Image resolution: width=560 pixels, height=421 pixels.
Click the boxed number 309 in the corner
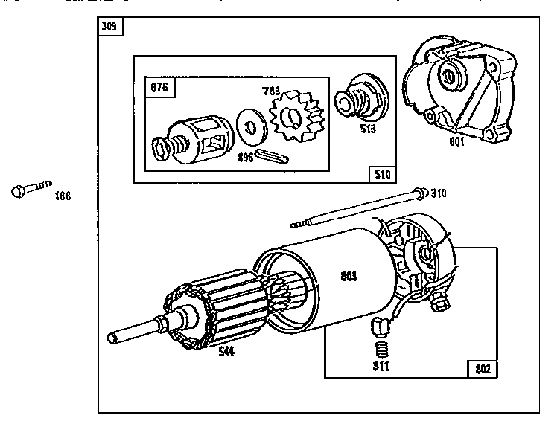(110, 28)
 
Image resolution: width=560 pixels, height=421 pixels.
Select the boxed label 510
(381, 174)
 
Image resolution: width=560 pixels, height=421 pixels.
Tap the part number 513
(366, 128)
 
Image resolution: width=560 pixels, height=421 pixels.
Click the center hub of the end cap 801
(450, 75)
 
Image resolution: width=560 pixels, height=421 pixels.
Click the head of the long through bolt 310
(423, 193)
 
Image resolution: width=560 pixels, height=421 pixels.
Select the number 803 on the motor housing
(348, 276)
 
